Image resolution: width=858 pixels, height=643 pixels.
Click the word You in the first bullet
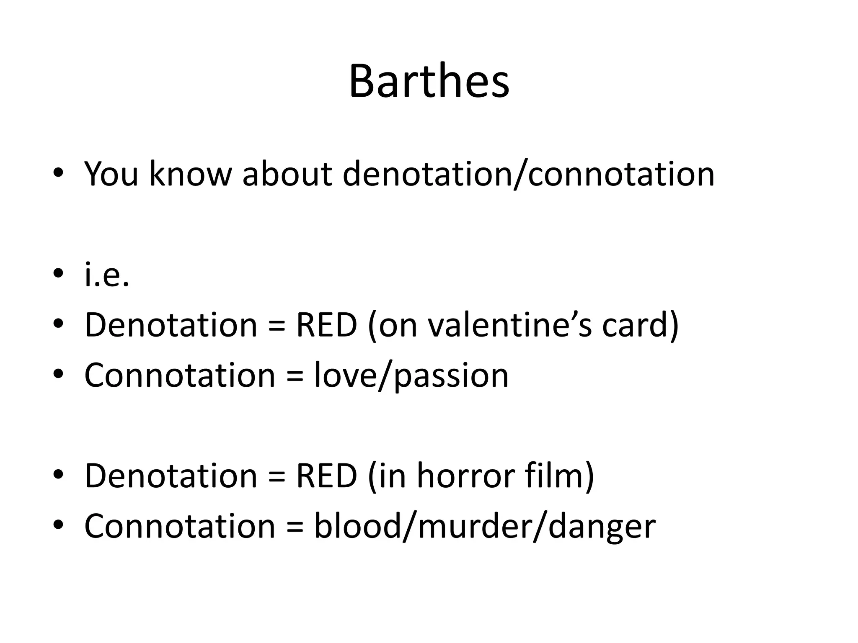tap(111, 174)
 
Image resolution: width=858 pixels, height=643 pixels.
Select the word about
tap(287, 174)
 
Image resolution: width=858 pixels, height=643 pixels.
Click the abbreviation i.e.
tap(106, 275)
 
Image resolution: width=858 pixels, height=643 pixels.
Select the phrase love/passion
tap(411, 376)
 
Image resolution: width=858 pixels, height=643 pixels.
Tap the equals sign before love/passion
tap(295, 376)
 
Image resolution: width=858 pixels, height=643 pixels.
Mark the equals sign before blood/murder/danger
tap(295, 526)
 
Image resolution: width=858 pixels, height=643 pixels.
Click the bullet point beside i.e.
tap(58, 274)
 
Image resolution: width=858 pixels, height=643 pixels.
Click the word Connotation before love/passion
tap(180, 375)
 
